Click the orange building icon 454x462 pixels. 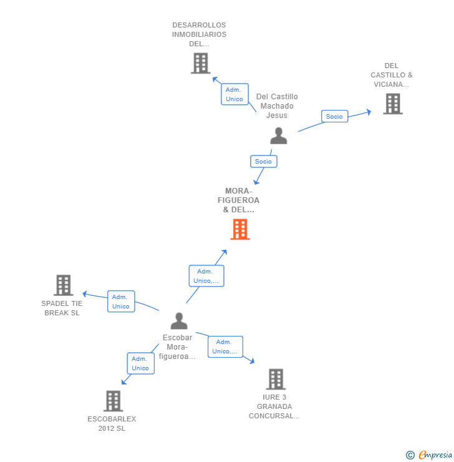240,229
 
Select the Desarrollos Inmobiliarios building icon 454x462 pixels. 200,63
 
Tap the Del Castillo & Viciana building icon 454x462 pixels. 392,104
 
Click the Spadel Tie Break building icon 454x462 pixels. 63,285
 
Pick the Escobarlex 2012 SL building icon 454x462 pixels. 113,401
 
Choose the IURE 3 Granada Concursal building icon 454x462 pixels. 276,379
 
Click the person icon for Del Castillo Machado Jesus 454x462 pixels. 278,135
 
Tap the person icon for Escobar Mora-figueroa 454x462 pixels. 179,321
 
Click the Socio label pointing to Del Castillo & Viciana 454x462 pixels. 334,116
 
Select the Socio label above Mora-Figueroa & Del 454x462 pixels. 263,161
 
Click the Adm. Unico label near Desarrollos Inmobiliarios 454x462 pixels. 234,94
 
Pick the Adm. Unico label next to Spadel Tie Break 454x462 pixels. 121,302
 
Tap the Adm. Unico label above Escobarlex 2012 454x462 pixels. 140,363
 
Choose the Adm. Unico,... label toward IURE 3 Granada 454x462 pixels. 225,346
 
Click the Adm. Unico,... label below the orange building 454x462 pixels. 206,276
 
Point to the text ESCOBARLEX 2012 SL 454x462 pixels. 112,423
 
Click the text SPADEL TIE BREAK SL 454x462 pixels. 62,308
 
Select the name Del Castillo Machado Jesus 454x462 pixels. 277,106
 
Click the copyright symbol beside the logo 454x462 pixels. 410,455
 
